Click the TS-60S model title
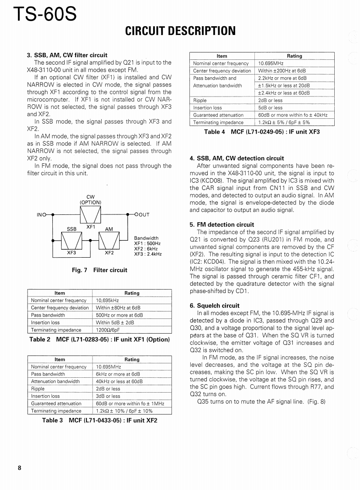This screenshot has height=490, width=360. click(x=45, y=14)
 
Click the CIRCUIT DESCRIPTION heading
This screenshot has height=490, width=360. click(x=180, y=31)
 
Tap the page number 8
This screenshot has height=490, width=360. click(x=20, y=468)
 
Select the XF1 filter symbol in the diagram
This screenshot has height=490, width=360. click(x=91, y=214)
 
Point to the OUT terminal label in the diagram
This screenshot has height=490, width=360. click(x=143, y=214)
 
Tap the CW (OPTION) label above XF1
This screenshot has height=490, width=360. click(x=90, y=200)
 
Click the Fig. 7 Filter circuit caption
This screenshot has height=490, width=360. click(x=99, y=270)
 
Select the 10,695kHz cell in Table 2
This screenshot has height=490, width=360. click(x=107, y=300)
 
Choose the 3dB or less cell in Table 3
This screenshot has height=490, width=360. click(x=108, y=396)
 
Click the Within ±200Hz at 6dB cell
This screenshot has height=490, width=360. click(x=282, y=71)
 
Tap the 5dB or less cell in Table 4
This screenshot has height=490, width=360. click(x=270, y=107)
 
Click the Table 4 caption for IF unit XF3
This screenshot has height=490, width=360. click(x=262, y=132)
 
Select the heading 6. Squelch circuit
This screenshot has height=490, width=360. click(x=215, y=306)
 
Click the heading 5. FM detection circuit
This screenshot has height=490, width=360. click(x=222, y=225)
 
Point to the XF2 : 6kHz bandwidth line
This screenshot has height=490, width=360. click(x=146, y=248)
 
